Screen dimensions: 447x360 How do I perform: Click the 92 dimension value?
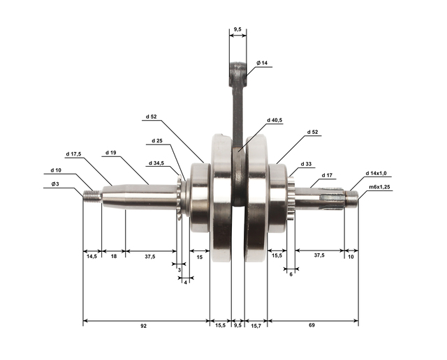[x=143, y=326]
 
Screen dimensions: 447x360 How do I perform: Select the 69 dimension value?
[x=312, y=325]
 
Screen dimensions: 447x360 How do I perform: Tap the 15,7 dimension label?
[x=256, y=326]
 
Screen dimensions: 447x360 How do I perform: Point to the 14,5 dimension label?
[x=91, y=256]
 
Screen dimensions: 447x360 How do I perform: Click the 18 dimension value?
[x=114, y=256]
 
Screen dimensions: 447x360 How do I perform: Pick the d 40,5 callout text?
[x=274, y=120]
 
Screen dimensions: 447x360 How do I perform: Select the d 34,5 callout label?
[x=156, y=163]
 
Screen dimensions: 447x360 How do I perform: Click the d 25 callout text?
[x=157, y=141]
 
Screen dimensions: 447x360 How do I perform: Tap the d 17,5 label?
[x=73, y=154]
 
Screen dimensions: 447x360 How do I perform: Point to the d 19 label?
[x=111, y=153]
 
